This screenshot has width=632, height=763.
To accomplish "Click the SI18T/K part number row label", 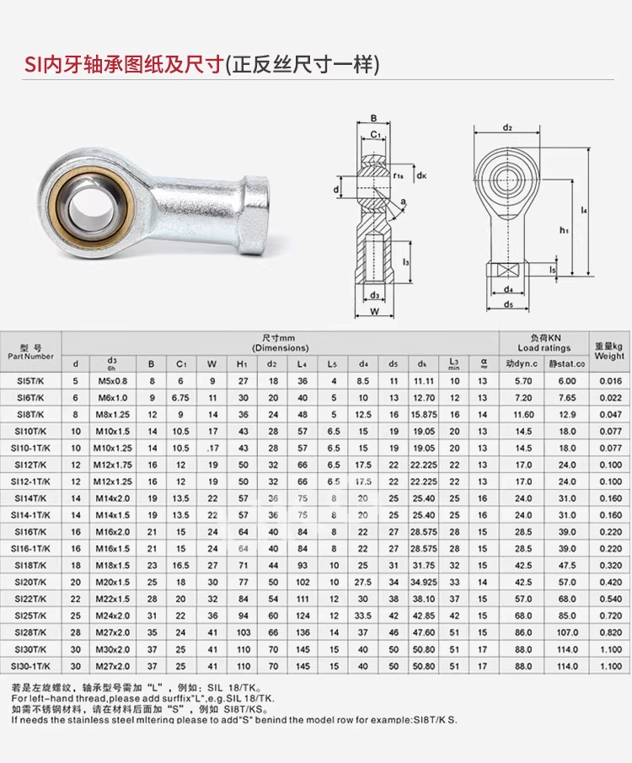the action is point(30,566).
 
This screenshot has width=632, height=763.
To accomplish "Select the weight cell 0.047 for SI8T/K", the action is point(610,415).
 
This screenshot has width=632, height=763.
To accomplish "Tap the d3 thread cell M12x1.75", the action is point(113,465).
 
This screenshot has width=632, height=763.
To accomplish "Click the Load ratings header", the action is point(544,348).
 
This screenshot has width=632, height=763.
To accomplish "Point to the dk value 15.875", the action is point(423,415).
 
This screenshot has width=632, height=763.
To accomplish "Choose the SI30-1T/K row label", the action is point(30,666).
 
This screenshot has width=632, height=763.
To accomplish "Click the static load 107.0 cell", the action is point(567,632).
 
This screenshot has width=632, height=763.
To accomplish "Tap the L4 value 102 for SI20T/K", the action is point(303,582).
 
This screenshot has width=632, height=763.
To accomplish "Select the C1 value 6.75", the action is point(180,398).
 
